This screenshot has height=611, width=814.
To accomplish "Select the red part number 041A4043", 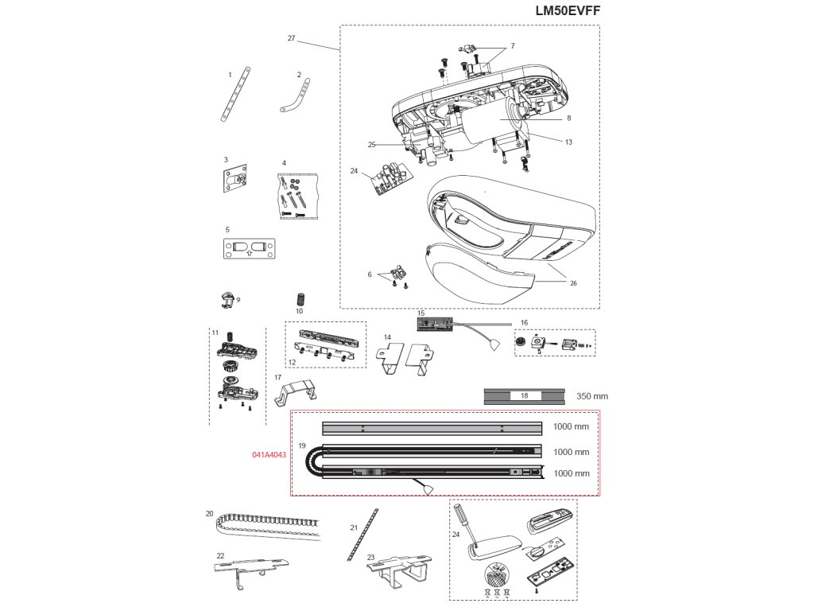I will [269, 454].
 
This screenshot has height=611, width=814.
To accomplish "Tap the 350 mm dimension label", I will [592, 395].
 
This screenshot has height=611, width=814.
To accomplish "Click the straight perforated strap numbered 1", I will [236, 94].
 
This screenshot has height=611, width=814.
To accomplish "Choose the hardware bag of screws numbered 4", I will [296, 195].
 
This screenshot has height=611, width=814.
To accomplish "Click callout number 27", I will [291, 38].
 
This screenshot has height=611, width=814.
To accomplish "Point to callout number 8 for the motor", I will [569, 118].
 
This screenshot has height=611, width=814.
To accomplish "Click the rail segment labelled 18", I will [524, 395].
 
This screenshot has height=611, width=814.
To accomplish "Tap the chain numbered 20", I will [266, 527].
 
